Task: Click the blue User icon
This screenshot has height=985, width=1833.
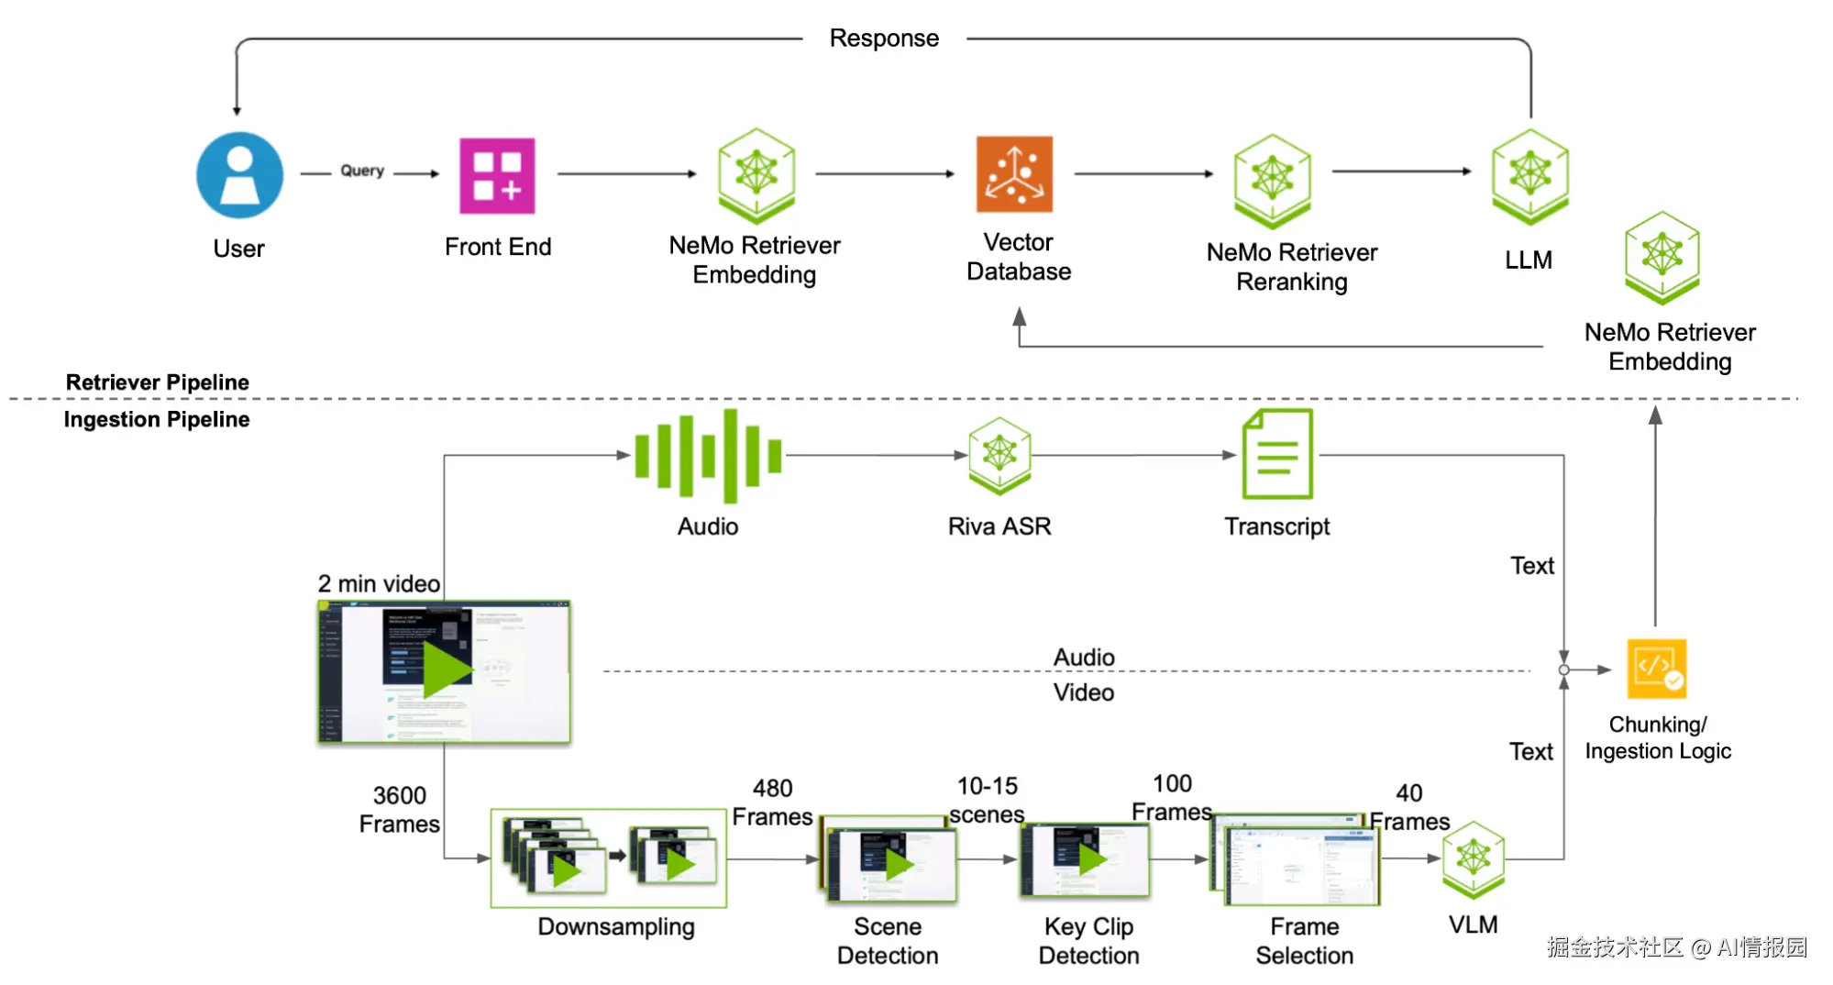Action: (x=239, y=175)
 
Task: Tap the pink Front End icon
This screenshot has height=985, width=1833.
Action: (x=497, y=175)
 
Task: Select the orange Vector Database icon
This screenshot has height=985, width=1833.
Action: (x=1014, y=174)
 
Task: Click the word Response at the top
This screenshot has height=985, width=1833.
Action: (x=884, y=39)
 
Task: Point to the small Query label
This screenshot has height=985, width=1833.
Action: (x=362, y=171)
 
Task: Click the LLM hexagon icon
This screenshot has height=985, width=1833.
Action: (x=1529, y=176)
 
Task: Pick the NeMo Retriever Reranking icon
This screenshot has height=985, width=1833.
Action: (x=1272, y=180)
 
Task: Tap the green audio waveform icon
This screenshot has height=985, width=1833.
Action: (x=708, y=456)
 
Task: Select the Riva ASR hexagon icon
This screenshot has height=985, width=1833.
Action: (x=999, y=455)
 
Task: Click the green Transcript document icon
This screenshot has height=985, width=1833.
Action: (x=1277, y=455)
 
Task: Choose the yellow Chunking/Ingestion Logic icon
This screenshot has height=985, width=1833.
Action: (x=1657, y=669)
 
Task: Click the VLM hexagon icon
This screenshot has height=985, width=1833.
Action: (x=1474, y=859)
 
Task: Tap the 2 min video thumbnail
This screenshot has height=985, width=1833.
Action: (x=444, y=672)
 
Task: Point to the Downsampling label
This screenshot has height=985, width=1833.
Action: (x=616, y=927)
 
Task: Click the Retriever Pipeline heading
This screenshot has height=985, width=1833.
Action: (x=158, y=382)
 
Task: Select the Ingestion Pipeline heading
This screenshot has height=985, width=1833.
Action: (x=157, y=420)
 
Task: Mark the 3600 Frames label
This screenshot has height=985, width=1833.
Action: (x=400, y=810)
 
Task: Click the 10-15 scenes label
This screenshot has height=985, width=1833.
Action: (x=987, y=800)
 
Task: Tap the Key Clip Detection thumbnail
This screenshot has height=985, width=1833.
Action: (x=1085, y=860)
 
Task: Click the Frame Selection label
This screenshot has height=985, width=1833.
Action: (x=1304, y=941)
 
